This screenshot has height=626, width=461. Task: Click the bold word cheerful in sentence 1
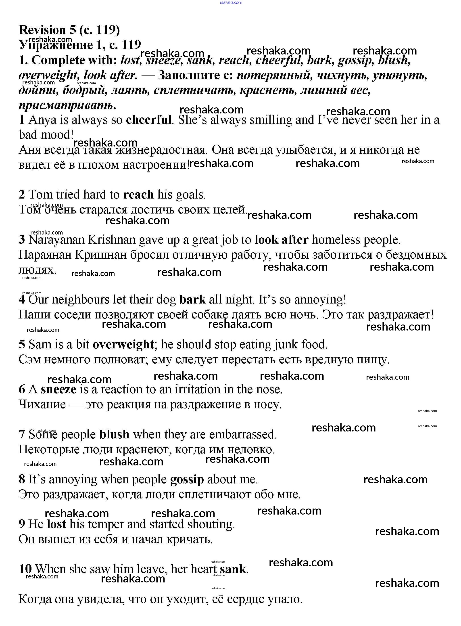click(x=148, y=120)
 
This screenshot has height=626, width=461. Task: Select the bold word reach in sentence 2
click(x=138, y=195)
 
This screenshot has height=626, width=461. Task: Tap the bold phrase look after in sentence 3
click(x=282, y=240)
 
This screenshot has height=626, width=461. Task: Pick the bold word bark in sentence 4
click(x=192, y=300)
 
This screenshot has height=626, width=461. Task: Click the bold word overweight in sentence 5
click(x=123, y=345)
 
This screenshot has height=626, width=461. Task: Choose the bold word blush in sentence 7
click(x=114, y=435)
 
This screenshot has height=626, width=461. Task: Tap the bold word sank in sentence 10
click(x=233, y=569)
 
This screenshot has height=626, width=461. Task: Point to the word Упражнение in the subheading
click(x=56, y=45)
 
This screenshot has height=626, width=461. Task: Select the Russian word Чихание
click(x=42, y=404)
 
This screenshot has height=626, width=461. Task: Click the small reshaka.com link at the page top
click(x=230, y=2)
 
